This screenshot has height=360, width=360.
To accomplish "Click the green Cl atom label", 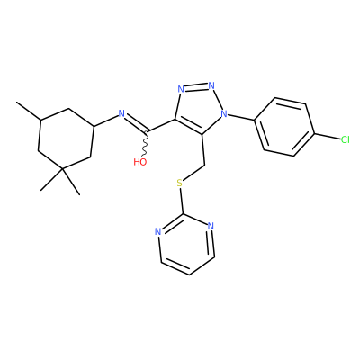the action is point(346,139).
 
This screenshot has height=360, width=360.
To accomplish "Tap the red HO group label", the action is point(140,162).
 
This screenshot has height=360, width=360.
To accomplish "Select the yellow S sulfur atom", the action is point(180,183).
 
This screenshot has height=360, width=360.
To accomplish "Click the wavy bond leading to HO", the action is point(145,144).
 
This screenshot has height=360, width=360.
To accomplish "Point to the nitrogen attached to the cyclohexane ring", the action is point(121,113).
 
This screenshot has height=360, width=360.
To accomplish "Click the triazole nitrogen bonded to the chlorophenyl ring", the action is point(223,113).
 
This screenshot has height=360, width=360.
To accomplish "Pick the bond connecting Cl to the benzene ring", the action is point(328,136).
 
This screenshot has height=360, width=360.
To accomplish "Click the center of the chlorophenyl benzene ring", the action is point(284,127).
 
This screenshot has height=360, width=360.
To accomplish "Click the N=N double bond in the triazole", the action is point(196,86).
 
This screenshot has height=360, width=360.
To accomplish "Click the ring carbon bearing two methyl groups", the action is point(62,170).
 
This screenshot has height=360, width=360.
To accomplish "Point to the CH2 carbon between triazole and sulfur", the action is point(204,166).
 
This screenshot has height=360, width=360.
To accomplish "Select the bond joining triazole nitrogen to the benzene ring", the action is point(241,117).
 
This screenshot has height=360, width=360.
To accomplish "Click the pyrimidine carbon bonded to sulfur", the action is point(183,215).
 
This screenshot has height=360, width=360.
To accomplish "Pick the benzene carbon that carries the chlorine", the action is point(314,133).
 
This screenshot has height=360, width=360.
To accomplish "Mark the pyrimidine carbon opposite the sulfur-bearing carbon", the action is point(189,274).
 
